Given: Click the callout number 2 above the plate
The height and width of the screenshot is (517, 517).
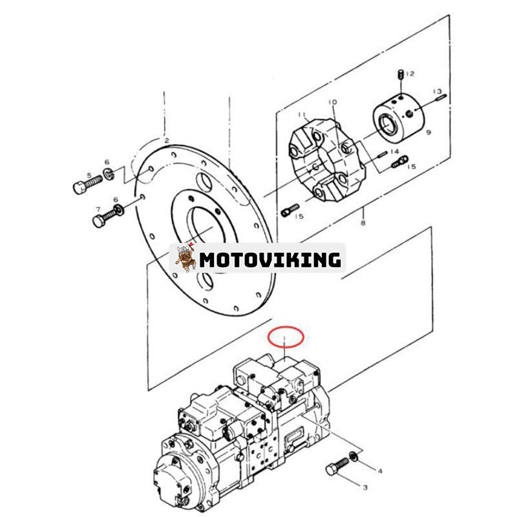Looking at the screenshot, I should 166,140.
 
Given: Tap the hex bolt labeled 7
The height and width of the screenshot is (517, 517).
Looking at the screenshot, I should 105,218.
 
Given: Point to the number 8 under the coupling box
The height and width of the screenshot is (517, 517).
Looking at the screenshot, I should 363,223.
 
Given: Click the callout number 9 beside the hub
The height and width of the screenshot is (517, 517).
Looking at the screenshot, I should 428,132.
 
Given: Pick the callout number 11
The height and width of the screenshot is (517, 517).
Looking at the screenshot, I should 301,114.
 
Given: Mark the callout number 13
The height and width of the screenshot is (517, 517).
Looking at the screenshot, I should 437,91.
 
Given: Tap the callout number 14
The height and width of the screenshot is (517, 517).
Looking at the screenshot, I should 396,151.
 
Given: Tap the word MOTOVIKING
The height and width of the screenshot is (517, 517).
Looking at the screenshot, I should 269,260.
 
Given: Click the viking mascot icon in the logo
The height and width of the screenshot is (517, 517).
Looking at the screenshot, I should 187,258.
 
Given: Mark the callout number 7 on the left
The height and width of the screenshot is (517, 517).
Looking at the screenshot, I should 98,209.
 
